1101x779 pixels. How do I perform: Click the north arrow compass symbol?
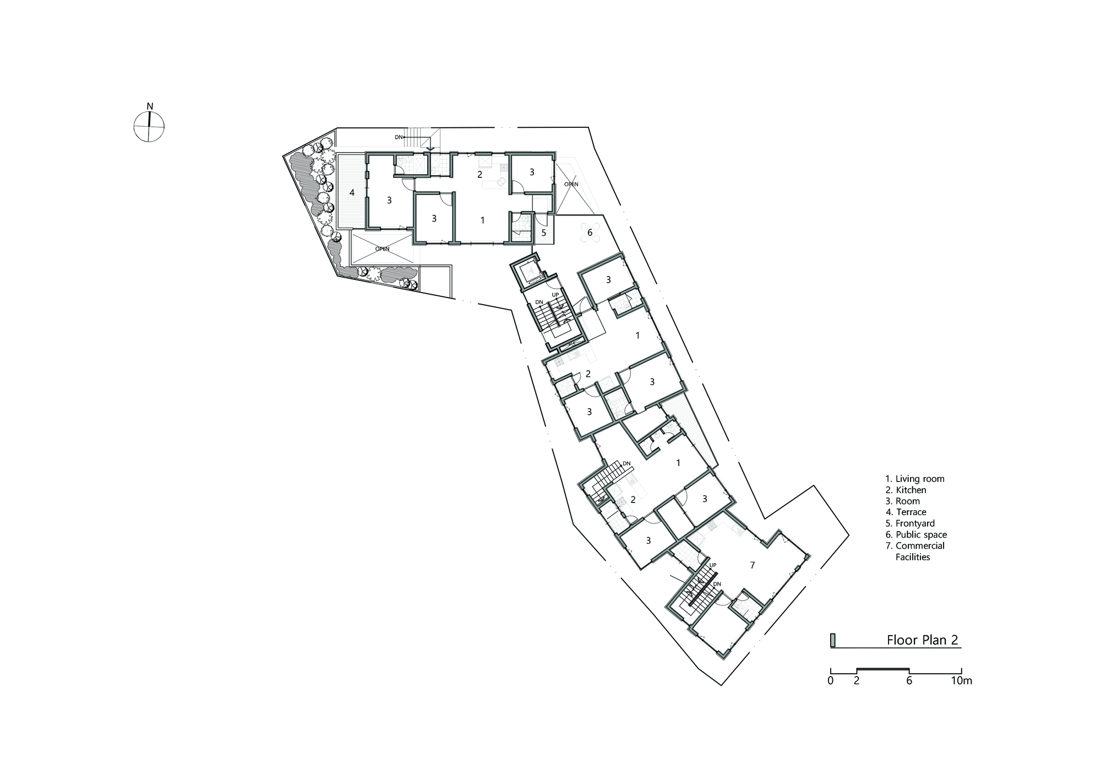click(x=149, y=126)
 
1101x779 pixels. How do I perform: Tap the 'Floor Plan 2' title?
click(x=922, y=640)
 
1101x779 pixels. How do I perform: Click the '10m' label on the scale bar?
click(x=961, y=680)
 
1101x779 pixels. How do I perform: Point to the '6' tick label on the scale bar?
click(x=909, y=680)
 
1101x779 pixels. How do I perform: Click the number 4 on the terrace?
click(x=352, y=193)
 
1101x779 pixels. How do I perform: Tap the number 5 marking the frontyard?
click(x=544, y=233)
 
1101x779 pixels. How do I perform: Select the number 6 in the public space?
click(x=590, y=232)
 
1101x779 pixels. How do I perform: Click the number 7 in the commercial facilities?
click(x=752, y=565)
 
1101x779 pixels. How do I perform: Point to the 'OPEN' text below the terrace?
click(x=382, y=249)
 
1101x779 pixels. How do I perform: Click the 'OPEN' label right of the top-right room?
click(x=571, y=184)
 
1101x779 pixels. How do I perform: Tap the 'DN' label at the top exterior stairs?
click(x=399, y=137)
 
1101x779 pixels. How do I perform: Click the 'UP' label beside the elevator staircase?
click(x=555, y=295)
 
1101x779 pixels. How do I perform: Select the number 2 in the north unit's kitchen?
click(x=480, y=175)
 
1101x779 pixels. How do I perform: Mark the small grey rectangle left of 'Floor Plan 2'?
click(x=833, y=640)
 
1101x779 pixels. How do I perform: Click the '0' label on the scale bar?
click(x=830, y=680)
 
